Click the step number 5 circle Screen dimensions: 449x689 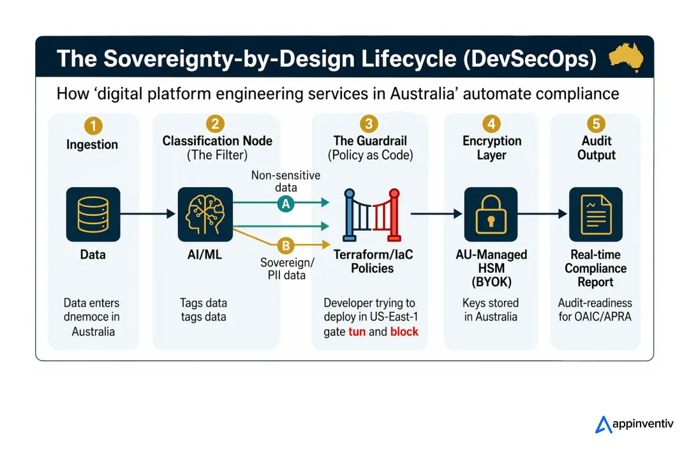coord(596,124)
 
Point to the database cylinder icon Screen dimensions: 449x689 coord(93,214)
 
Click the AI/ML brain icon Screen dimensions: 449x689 coord(204,214)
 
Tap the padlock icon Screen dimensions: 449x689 coord(491,214)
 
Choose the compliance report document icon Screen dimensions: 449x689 coord(595,214)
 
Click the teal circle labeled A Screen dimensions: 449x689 coord(286,203)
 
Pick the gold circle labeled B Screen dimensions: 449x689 coord(286,245)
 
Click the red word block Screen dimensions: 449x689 coord(404,331)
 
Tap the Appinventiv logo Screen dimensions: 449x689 coord(634,424)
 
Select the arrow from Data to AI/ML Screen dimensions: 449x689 coord(147,215)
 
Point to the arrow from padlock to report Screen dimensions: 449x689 coord(542,215)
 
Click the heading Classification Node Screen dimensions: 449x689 coord(217,141)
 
